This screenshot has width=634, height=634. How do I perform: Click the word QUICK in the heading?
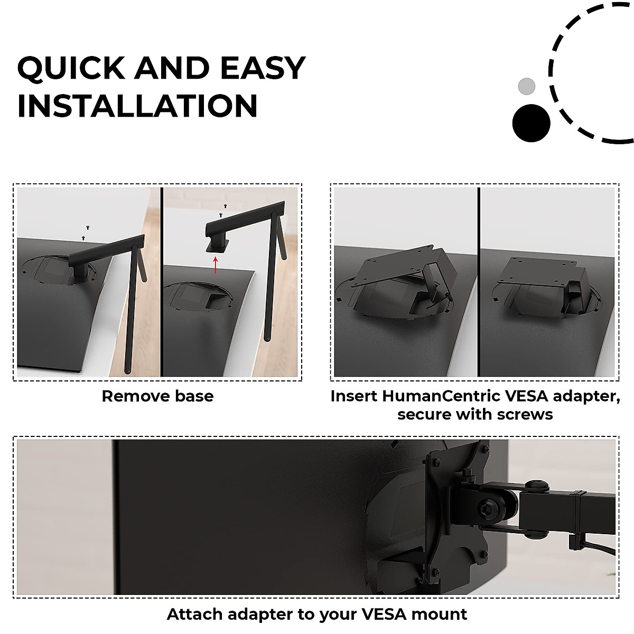click(x=70, y=68)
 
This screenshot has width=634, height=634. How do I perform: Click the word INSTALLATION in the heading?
click(x=137, y=106)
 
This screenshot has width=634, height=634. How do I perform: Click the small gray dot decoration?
click(x=526, y=86)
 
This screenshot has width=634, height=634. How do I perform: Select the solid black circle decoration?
click(x=531, y=123)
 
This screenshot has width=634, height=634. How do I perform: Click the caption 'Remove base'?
click(x=157, y=396)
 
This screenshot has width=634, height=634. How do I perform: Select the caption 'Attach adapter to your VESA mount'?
click(x=317, y=614)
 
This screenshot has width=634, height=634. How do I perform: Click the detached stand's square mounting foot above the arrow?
click(x=216, y=245)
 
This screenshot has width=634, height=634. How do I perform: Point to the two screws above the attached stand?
click(x=86, y=232)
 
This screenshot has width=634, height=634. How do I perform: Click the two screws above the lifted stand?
click(x=223, y=210)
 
